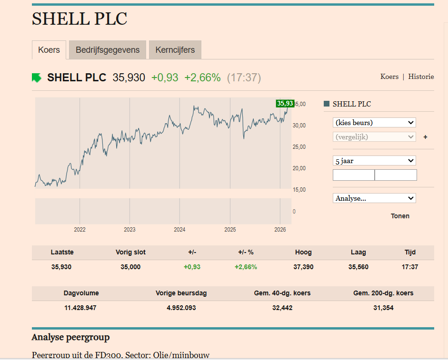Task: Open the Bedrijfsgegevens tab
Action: [x=108, y=50]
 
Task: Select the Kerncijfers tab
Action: [x=175, y=50]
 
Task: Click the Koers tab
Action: [x=49, y=50]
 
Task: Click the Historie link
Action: [x=421, y=77]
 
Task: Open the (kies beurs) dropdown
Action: [x=374, y=123]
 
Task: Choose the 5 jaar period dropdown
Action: [x=374, y=161]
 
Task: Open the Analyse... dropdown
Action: [x=374, y=198]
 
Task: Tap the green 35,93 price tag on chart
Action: [x=285, y=103]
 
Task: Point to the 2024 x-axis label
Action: [x=179, y=230]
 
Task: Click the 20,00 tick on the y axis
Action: [x=299, y=168]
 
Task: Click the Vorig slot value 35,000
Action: [x=130, y=267]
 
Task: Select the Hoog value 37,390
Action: [x=304, y=267]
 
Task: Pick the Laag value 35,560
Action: [x=358, y=267]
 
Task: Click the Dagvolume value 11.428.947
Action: [x=80, y=308]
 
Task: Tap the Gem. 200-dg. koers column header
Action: [x=383, y=293]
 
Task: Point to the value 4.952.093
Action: [x=181, y=308]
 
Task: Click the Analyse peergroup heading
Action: [x=70, y=338]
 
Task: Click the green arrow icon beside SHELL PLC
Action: [x=37, y=78]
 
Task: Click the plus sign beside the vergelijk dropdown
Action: [x=425, y=137]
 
